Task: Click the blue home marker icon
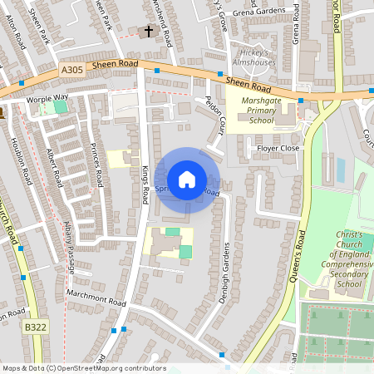187,180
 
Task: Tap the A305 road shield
72,72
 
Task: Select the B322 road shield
35,328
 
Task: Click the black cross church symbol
149,32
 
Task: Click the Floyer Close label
278,148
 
